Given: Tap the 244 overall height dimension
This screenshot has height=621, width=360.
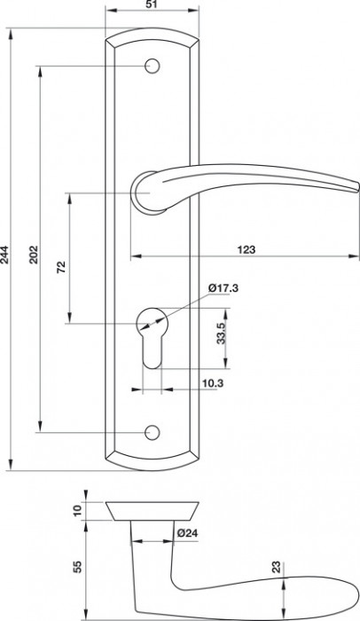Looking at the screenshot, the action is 4,254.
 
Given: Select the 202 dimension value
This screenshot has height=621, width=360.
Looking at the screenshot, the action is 34,255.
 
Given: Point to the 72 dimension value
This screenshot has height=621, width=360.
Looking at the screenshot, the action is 62,266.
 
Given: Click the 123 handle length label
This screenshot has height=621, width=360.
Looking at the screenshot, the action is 247,249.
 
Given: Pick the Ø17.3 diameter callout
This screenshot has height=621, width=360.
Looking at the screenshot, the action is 223,288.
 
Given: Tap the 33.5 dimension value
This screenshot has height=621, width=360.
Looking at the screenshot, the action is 221,333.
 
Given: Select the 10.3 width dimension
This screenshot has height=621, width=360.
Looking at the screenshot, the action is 213,383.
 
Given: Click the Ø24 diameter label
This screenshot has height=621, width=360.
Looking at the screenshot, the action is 187,533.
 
